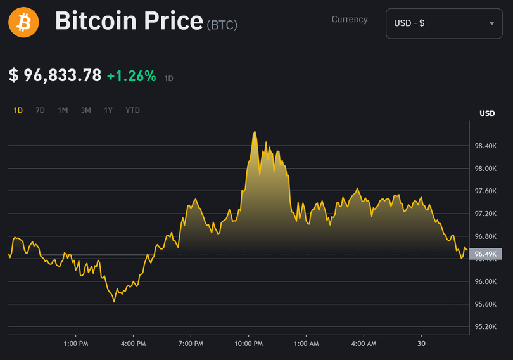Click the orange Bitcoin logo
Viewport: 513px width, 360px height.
23,23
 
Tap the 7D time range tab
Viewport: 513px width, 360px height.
40,110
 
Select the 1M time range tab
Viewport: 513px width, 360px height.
63,110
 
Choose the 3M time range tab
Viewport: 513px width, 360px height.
85,110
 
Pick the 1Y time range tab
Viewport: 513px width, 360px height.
108,110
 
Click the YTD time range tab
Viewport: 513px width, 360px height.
132,110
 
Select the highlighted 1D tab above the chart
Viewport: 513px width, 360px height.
18,110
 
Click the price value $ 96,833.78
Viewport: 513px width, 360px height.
55,75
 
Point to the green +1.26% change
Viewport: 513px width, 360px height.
131,76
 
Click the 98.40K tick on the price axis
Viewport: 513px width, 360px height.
486,146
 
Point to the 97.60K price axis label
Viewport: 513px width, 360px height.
486,191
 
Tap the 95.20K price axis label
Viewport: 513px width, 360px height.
486,327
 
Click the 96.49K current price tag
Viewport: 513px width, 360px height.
485,254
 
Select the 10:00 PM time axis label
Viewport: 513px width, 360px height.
248,344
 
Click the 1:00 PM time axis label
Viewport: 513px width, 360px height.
75,344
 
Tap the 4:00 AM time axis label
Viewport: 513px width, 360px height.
364,344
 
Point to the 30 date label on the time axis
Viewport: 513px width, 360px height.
422,344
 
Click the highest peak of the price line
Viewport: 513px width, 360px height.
255,132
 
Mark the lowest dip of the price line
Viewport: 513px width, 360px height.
115,302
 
